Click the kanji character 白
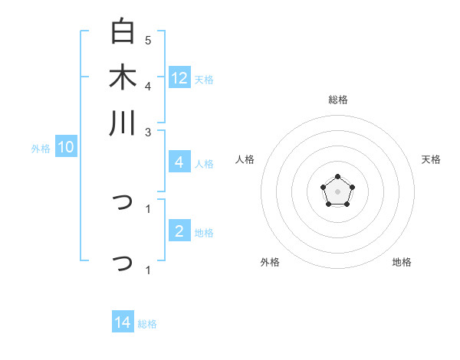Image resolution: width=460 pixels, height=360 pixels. click(123, 32)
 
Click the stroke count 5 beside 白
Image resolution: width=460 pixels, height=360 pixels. click(148, 40)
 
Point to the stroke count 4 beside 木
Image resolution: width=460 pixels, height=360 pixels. click(148, 86)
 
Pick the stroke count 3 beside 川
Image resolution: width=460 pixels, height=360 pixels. click(148, 131)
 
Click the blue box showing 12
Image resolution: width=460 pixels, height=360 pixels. click(179, 77)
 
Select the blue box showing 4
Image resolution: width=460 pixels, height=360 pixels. click(179, 162)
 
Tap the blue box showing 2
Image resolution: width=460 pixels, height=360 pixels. click(179, 231)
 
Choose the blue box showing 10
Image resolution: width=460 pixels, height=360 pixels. click(66, 148)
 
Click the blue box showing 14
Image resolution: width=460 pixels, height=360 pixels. click(123, 322)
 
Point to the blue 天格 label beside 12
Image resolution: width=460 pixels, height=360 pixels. click(204, 80)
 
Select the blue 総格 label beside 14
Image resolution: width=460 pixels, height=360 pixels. click(147, 324)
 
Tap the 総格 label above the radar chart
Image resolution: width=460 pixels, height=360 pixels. click(337, 100)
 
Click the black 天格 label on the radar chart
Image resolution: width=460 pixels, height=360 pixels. click(431, 159)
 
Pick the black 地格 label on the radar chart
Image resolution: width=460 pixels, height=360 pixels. click(402, 262)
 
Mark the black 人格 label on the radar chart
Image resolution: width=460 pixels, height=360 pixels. click(245, 159)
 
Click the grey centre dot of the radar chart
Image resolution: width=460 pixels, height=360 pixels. click(337, 191)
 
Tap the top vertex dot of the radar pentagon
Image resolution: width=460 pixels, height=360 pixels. click(337, 177)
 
